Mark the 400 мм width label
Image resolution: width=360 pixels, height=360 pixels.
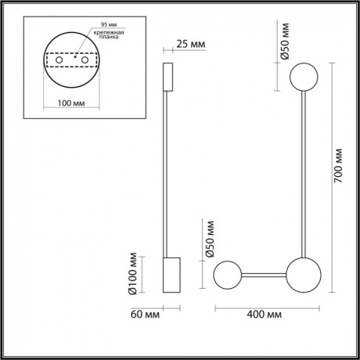coord(264,315)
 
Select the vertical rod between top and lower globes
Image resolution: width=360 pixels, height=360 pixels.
coord(301,176)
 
